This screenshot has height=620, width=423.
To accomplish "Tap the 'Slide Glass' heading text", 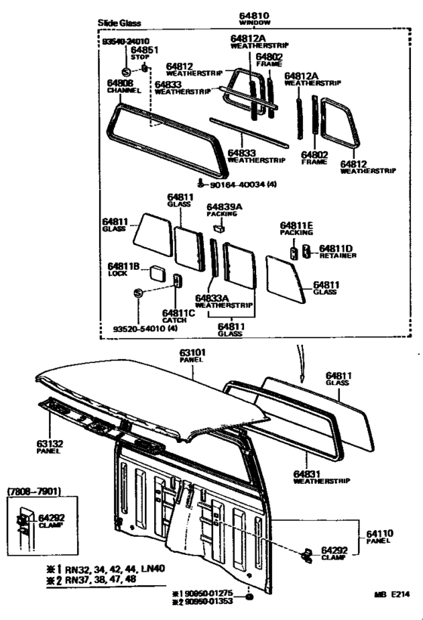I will pos(119,23).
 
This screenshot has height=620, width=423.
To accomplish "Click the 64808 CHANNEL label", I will pos(119,82).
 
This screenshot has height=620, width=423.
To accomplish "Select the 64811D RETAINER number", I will pos(336,248).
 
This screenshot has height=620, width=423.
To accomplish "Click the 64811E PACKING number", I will pos(296,225).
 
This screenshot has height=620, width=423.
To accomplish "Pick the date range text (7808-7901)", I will pos(29,492).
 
